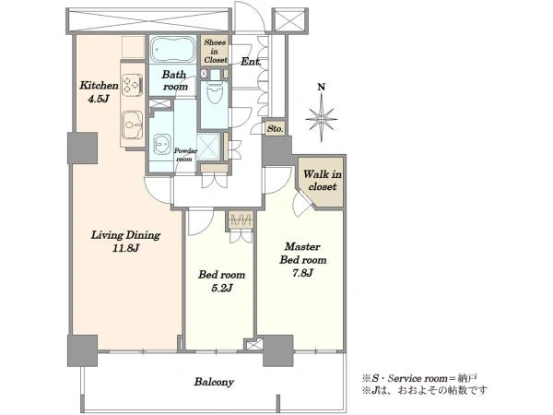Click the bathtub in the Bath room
173,49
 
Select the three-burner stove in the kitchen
133,85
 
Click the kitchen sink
133,125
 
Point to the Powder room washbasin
162,145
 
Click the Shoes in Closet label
215,51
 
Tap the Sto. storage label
275,128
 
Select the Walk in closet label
323,181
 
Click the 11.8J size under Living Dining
126,248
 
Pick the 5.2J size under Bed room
221,289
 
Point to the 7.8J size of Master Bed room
303,273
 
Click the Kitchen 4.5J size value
98,99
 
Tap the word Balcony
214,382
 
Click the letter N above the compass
322,88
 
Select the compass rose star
322,119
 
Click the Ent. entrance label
251,62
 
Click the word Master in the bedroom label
302,246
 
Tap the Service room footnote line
419,379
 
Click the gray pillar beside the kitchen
83,148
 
